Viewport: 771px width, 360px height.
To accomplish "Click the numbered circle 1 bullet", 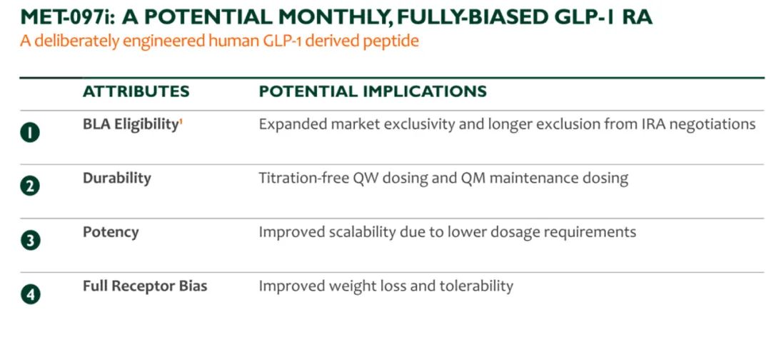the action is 30,132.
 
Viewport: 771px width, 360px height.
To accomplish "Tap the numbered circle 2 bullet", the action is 30,186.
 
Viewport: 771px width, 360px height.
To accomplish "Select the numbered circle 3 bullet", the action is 30,241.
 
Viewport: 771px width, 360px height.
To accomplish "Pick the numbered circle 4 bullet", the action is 30,294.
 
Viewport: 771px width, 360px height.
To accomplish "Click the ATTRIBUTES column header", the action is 136,91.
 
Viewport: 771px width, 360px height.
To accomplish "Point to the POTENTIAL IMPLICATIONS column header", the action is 373,91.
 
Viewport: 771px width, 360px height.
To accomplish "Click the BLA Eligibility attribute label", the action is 130,125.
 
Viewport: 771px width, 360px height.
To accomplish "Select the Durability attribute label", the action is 116,178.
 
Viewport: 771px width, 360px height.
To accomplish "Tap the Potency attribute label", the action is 111,233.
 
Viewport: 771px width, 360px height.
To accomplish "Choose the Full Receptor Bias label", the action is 144,286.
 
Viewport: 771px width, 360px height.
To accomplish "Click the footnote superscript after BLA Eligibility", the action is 181,121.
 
